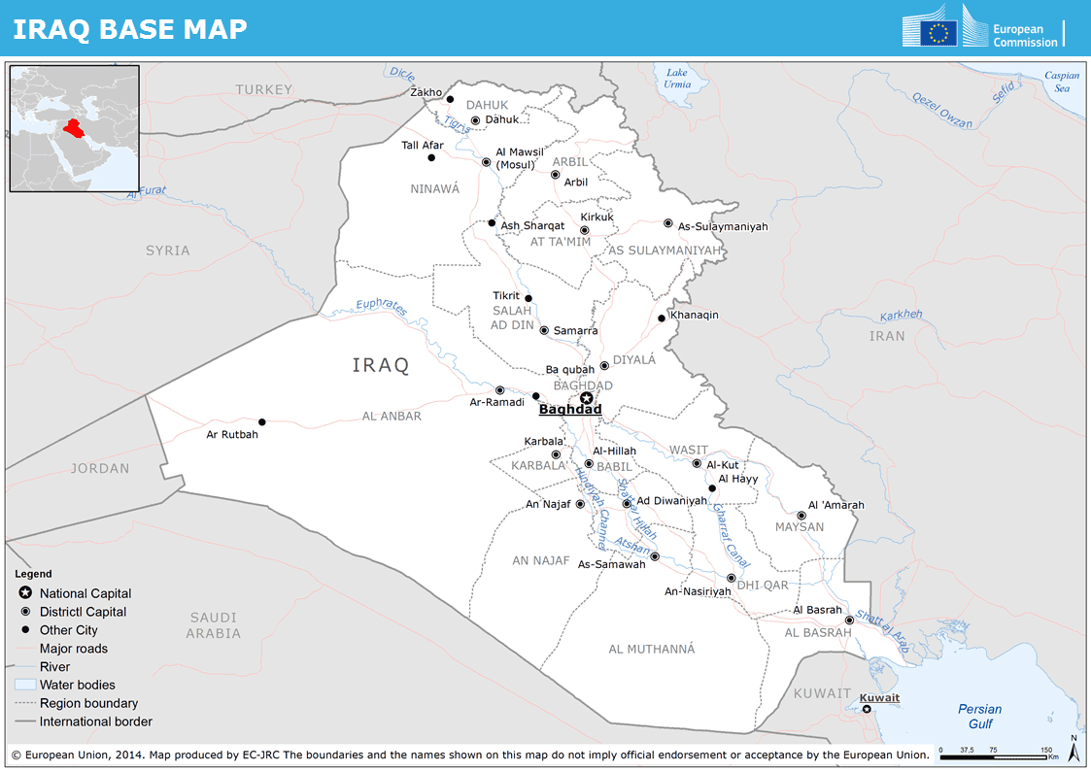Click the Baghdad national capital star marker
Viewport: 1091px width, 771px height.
pos(586,397)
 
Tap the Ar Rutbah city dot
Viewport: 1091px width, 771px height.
pos(261,421)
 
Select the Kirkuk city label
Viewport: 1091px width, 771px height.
pos(597,217)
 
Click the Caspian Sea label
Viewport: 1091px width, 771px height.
pos(1062,82)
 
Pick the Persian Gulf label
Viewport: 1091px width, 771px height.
pos(979,716)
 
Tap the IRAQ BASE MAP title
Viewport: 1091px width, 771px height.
pos(130,29)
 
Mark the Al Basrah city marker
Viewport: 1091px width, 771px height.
pos(849,620)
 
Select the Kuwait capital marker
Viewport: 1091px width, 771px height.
pos(867,709)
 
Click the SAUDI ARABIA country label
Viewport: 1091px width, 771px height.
pos(214,625)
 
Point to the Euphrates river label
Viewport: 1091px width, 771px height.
pos(381,307)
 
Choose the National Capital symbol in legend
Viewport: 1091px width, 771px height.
pos(25,593)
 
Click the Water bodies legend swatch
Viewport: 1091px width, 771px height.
pos(25,685)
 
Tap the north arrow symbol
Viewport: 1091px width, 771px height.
pos(1073,749)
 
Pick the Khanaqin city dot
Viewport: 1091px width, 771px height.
pos(661,318)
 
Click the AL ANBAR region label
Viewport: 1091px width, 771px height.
pos(392,416)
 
